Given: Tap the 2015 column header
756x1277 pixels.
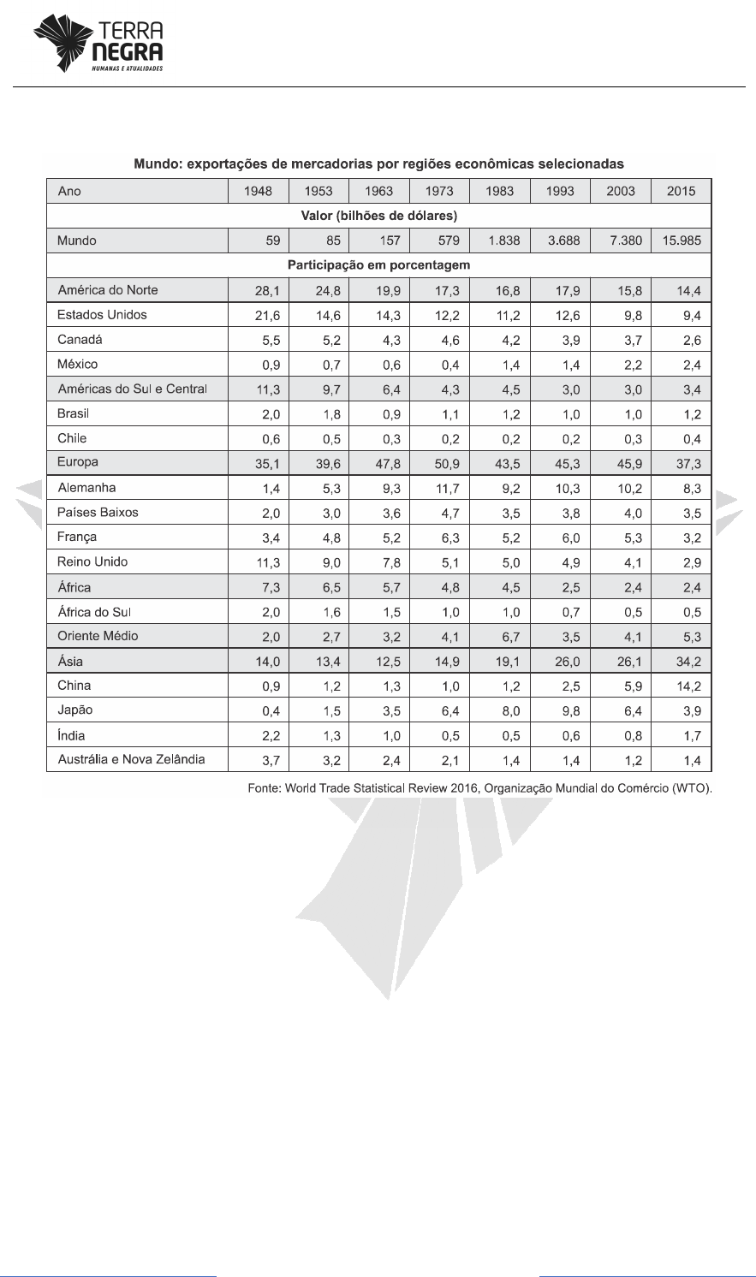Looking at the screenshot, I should coord(682,191).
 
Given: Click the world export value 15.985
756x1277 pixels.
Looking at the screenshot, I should coord(682,241).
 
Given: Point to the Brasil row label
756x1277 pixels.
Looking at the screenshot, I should coord(73,413).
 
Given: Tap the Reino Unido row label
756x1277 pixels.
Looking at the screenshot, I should coord(92,561).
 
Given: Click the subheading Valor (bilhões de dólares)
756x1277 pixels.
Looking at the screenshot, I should coord(378,216).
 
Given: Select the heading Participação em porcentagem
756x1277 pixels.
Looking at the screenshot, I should coord(378,265).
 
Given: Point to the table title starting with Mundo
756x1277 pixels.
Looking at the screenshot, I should coord(378,163).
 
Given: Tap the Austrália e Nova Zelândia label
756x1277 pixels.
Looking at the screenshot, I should coord(131,759).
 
